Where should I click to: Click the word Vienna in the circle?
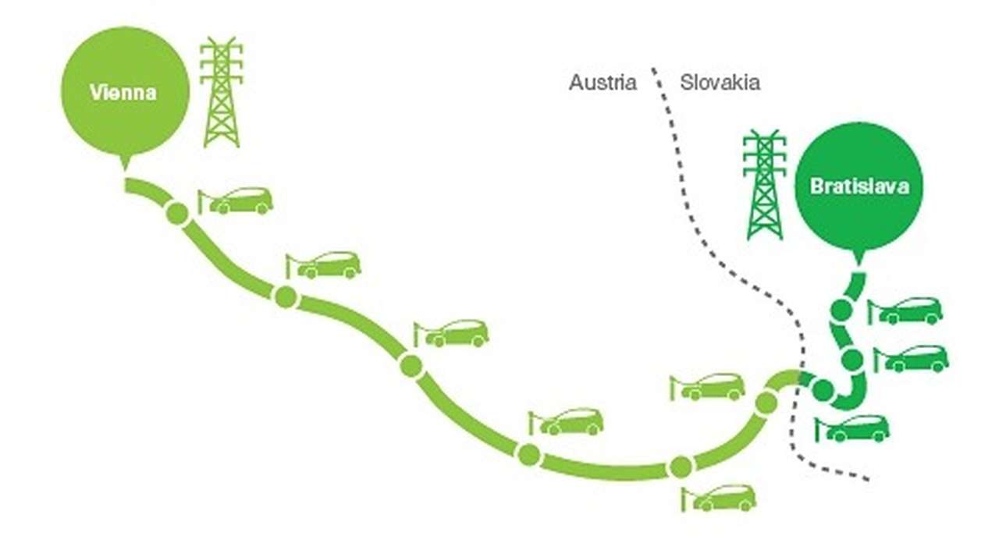(123, 92)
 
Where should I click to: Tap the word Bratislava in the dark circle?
(859, 187)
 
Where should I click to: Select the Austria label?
(603, 82)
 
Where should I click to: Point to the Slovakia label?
(720, 82)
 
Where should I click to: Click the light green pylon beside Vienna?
(222, 92)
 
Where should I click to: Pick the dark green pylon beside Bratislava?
(764, 185)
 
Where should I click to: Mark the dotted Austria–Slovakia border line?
(703, 234)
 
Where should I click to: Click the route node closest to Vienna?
(177, 213)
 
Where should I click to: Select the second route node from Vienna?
(286, 296)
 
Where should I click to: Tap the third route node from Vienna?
(411, 365)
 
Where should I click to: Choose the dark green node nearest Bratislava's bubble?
(841, 310)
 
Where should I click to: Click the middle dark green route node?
(852, 360)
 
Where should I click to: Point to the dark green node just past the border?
(822, 388)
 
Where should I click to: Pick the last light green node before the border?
(766, 403)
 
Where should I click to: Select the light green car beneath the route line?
(720, 498)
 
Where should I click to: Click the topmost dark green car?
(907, 310)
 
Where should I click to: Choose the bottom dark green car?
(854, 428)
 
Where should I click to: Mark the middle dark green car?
(913, 359)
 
